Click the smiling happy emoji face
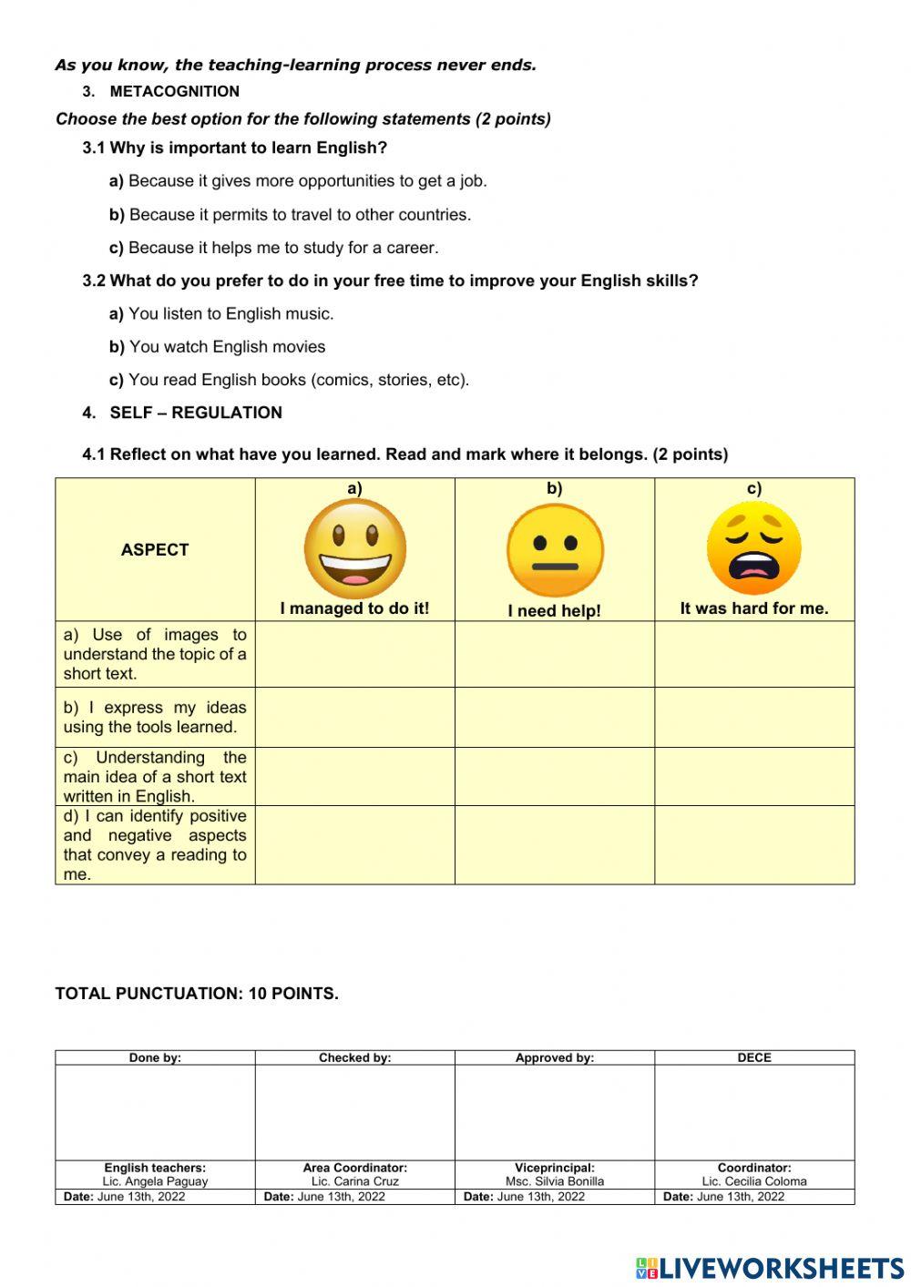[x=354, y=549]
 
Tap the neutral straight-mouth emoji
[x=555, y=551]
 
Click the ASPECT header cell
[x=155, y=550]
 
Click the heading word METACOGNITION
[x=174, y=91]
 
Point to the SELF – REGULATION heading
[x=195, y=413]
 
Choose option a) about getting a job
[x=298, y=181]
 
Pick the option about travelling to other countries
[x=290, y=215]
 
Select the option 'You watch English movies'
[x=217, y=347]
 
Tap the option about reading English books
[x=289, y=380]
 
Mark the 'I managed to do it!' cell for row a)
[x=354, y=654]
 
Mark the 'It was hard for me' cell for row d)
[x=753, y=844]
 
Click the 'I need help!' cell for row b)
[x=555, y=717]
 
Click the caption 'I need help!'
[x=555, y=611]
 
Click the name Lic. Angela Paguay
[x=155, y=1181]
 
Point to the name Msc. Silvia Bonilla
[x=555, y=1181]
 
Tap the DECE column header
[x=754, y=1057]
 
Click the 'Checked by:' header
[x=354, y=1057]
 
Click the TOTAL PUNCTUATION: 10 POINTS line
[x=197, y=994]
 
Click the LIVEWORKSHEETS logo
[x=770, y=1268]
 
